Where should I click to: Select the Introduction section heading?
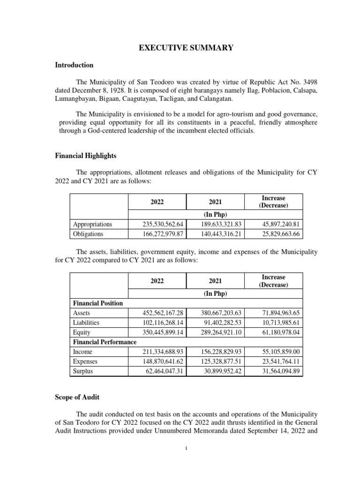pyautogui.click(x=75, y=65)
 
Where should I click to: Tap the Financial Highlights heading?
pyautogui.click(x=86, y=155)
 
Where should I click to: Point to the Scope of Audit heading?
pyautogui.click(x=77, y=397)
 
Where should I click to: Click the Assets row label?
pyautogui.click(x=82, y=313)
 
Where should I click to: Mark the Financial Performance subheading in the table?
pyautogui.click(x=105, y=342)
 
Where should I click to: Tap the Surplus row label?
pyautogui.click(x=83, y=371)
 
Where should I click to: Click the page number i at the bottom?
pyautogui.click(x=186, y=449)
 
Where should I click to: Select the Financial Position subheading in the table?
pyautogui.click(x=98, y=303)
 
